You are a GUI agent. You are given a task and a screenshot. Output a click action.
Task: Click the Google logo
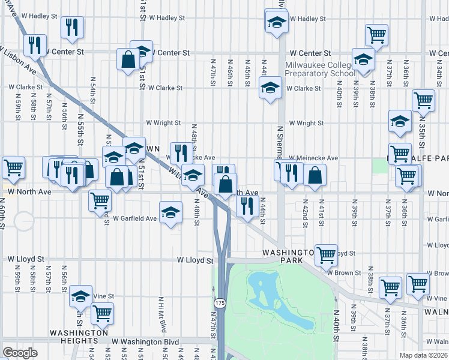point(20,353)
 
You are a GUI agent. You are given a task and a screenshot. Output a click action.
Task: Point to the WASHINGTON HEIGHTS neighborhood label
point(79,337)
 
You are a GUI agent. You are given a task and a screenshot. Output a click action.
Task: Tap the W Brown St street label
point(344,272)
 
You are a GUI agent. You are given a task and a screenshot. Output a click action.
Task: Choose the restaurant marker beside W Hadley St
point(71,27)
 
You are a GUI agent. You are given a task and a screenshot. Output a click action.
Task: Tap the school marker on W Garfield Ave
point(170,212)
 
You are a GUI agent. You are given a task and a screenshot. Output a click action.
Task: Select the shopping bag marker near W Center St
point(128,59)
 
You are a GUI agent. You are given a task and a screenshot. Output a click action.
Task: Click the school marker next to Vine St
point(80,296)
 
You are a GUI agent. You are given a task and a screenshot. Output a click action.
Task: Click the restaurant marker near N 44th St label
point(247,206)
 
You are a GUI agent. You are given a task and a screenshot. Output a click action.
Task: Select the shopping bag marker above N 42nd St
point(315,175)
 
